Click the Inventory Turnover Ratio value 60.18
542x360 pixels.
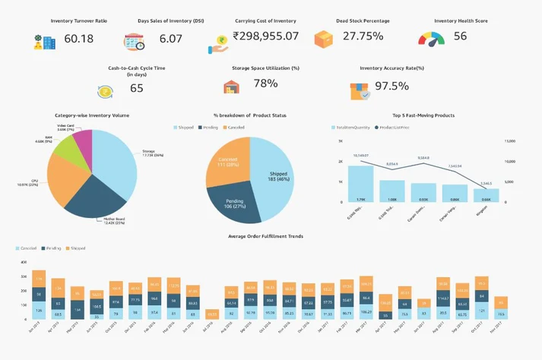79,39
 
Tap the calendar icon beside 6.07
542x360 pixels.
135,42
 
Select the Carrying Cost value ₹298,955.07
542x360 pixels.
265,36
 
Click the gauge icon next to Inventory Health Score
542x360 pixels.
432,38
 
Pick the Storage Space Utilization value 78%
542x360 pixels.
265,84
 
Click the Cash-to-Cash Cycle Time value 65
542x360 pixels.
137,88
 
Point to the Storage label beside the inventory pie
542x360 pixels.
148,151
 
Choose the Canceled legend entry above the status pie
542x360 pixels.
234,127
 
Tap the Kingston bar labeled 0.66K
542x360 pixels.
486,195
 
